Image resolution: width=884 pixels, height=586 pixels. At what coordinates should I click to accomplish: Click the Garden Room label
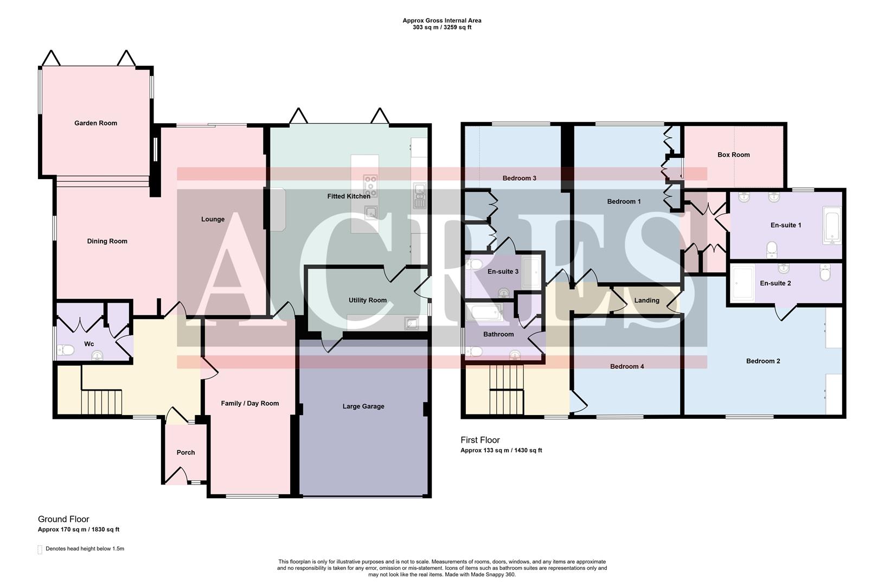[x=95, y=123]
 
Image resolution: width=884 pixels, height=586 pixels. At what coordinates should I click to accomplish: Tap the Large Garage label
[x=363, y=406]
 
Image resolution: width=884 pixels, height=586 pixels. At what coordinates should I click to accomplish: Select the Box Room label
[x=733, y=155]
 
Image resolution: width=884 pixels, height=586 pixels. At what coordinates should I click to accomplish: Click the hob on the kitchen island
[x=370, y=185]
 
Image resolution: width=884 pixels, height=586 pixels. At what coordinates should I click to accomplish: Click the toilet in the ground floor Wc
[x=67, y=351]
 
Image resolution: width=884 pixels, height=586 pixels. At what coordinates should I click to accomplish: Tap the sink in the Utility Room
[x=411, y=324]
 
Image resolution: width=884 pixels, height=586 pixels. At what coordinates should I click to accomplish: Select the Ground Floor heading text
[x=63, y=519]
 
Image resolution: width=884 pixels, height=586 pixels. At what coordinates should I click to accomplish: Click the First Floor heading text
[x=480, y=440]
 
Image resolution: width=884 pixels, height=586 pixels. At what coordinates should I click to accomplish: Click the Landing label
[x=646, y=301]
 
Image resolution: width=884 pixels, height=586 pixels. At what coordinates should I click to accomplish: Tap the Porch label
[x=185, y=453]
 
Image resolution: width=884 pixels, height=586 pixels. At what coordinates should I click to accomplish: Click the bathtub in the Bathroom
[x=485, y=312]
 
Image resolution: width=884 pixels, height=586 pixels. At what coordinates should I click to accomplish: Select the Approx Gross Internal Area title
[x=441, y=21]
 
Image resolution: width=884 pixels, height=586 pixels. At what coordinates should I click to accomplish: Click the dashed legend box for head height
[x=40, y=549]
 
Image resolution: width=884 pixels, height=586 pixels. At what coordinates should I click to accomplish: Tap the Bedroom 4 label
[x=627, y=367]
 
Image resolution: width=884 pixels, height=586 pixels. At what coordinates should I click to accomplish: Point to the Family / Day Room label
[x=249, y=404]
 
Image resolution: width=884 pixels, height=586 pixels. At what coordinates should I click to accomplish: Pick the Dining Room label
[x=107, y=241]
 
